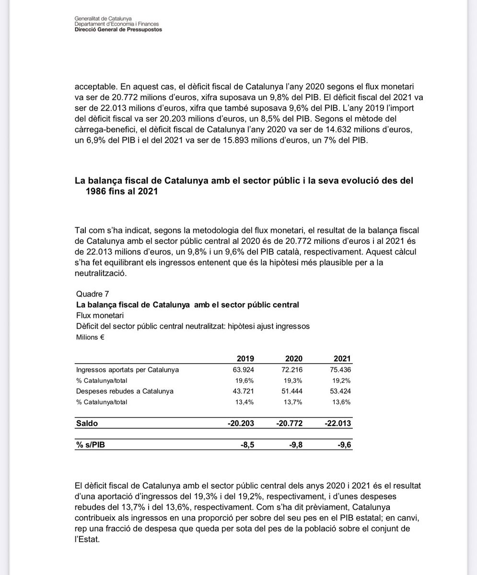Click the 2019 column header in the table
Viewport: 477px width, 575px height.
(x=245, y=359)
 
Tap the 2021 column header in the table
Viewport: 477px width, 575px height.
(x=342, y=359)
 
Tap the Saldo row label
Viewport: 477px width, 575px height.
(x=87, y=424)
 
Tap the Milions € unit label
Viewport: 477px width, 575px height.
(x=91, y=337)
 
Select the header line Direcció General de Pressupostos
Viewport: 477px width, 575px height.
(x=118, y=29)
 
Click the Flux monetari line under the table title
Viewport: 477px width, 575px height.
(x=100, y=315)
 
